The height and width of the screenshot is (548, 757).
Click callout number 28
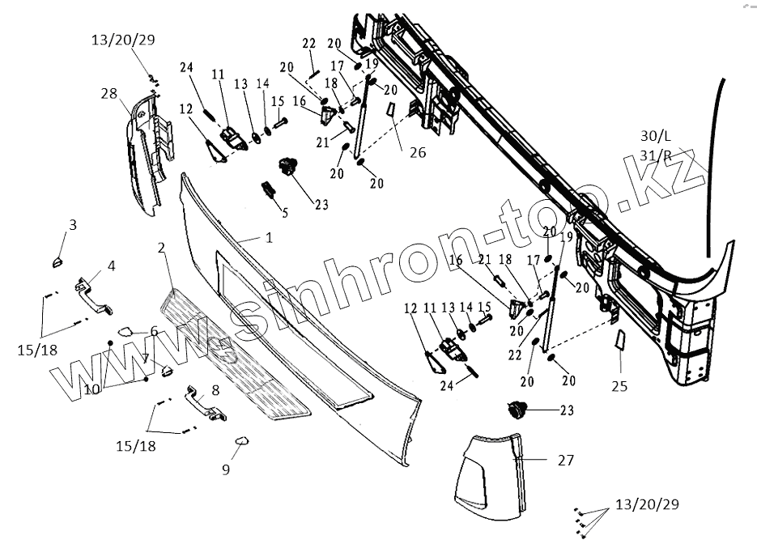[108, 95]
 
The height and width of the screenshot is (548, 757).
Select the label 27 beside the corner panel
[565, 460]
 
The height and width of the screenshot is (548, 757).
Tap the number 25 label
[619, 386]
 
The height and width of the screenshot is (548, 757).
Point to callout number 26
[417, 151]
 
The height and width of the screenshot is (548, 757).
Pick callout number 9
[226, 468]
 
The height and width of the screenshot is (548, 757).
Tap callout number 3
[72, 225]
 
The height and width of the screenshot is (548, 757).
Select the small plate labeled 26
[389, 109]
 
